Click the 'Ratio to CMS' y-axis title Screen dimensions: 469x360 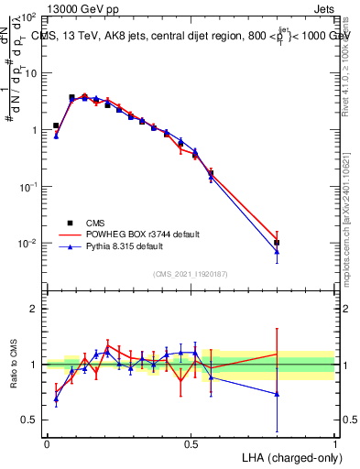click(x=14, y=365)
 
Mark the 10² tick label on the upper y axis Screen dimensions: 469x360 click(x=27, y=17)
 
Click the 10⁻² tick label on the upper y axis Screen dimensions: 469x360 click(x=27, y=243)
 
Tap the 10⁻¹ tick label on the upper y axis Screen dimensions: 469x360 click(x=27, y=186)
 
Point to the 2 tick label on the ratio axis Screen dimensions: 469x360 click(x=34, y=309)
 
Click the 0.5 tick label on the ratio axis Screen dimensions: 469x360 click(x=30, y=420)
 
